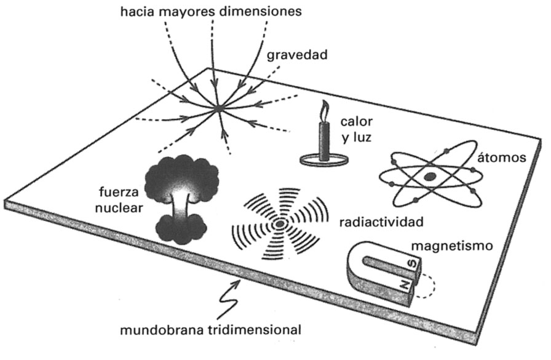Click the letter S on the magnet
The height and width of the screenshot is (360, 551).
tap(413, 265)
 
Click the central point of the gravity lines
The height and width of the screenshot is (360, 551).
tap(218, 109)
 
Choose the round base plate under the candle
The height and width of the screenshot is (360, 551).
tap(325, 161)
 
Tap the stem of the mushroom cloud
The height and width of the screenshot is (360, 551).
tap(180, 208)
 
